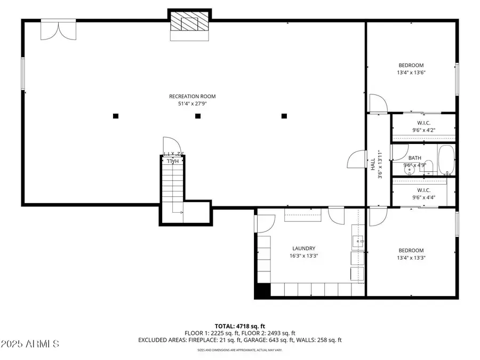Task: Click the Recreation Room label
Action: click(192, 97)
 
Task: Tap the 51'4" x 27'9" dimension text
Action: click(192, 104)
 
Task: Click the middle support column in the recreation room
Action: click(197, 116)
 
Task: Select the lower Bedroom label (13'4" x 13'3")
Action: click(411, 250)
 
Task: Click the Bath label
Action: click(414, 158)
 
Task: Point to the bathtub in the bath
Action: click(445, 160)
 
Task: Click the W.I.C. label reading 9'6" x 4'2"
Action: click(423, 123)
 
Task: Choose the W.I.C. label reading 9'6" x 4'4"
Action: click(423, 190)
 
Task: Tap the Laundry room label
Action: click(304, 248)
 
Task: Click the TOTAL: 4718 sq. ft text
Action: click(239, 325)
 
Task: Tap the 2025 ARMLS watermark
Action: click(30, 345)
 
